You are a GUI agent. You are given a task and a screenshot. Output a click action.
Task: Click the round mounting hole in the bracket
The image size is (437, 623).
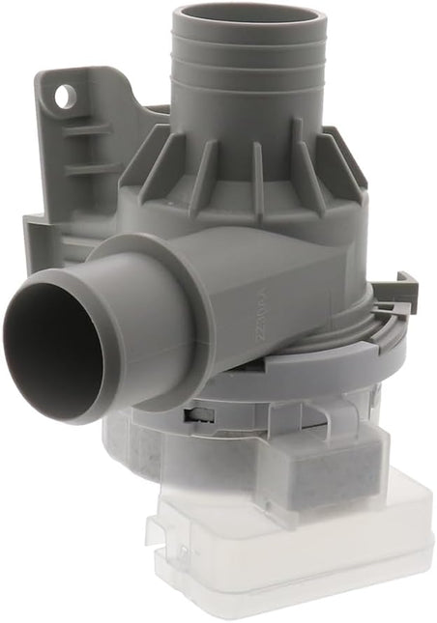tap(66, 97)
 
